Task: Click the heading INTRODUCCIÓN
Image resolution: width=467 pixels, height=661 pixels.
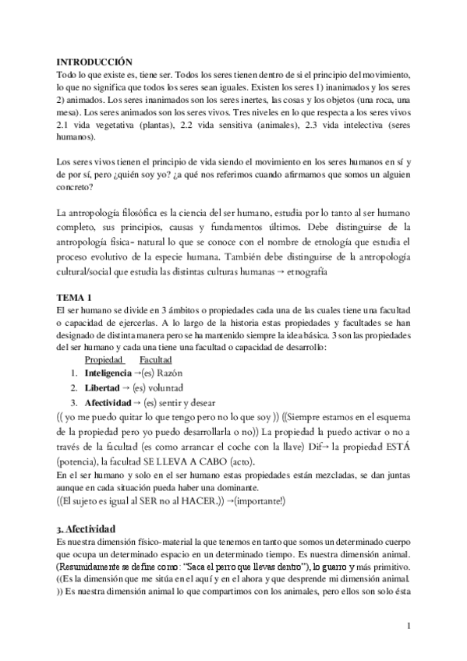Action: pyautogui.click(x=95, y=62)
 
